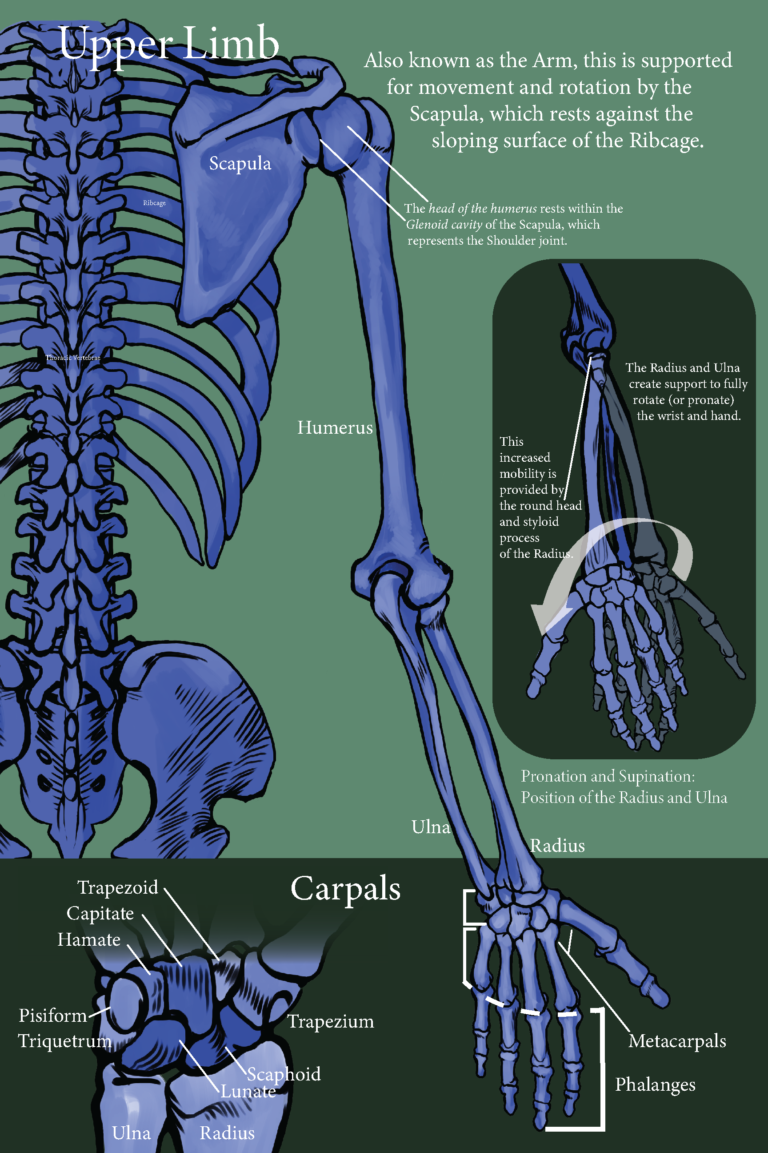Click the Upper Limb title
pos(169,44)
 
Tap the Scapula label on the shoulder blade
pos(240,164)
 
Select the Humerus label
pos(335,427)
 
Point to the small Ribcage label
pos(154,203)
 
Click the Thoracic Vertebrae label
pos(73,358)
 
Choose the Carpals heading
pos(345,888)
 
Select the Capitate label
pos(100,913)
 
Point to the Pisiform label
pos(52,1015)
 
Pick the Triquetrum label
pos(64,1041)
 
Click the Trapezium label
pos(331,1022)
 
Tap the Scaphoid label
pos(284,1074)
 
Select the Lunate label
pos(248,1091)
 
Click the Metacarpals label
pos(677,1041)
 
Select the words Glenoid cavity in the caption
pos(444,225)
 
